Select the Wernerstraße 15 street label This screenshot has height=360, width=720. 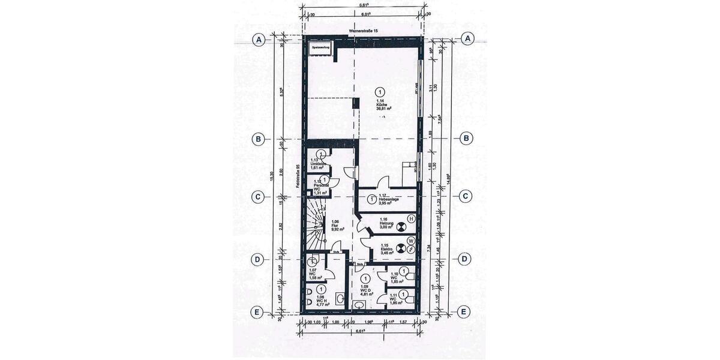[x=364, y=31]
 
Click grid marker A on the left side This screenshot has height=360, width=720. [x=259, y=40]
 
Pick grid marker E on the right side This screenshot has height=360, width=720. [x=463, y=311]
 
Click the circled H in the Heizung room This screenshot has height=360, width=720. [x=411, y=219]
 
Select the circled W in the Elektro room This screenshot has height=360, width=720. [x=411, y=241]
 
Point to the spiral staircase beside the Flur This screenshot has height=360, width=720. [x=315, y=225]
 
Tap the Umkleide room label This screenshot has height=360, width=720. [x=318, y=165]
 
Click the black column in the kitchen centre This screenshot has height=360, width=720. [x=356, y=104]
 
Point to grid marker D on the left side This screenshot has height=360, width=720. [x=257, y=259]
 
